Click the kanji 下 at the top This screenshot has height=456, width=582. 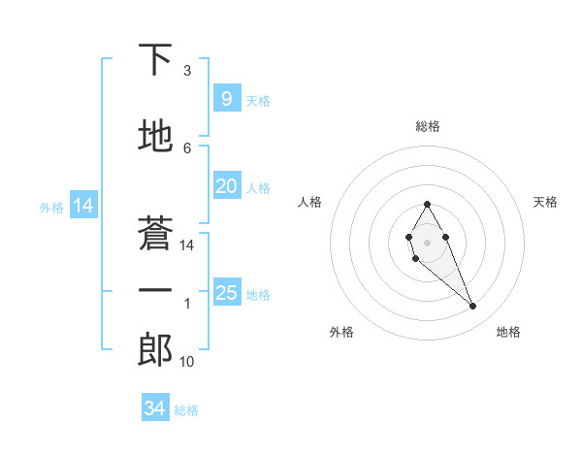point(155,60)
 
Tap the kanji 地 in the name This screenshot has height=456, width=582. point(155,137)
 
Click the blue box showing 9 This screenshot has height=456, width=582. point(226,99)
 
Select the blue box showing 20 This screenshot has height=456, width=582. point(226,186)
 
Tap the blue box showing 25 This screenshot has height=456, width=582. point(226,293)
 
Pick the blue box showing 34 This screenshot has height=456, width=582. point(155,408)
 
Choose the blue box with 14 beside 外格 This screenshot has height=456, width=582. point(82,206)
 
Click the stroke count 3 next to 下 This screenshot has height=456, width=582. point(187,71)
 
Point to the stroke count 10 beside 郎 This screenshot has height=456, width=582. point(187,362)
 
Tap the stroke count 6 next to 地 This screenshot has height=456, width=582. point(187,147)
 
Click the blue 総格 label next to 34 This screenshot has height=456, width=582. point(186,410)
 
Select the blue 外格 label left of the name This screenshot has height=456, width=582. point(51,207)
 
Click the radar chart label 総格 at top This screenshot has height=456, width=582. point(427,126)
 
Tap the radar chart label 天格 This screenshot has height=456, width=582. point(545,202)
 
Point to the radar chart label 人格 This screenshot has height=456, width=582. point(310,202)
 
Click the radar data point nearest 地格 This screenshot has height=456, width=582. point(472,306)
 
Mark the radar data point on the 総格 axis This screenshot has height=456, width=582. point(427,204)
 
